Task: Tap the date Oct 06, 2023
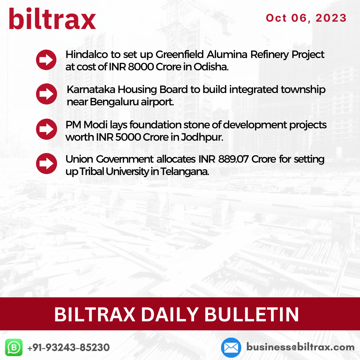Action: click(x=306, y=18)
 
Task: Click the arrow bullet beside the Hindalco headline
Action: click(x=46, y=60)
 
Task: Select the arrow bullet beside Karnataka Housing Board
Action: click(x=46, y=94)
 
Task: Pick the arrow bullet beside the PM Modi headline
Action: click(x=46, y=129)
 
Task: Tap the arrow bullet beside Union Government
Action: click(x=46, y=163)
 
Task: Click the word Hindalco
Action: click(x=87, y=55)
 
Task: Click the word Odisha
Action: click(x=211, y=67)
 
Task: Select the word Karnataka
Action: click(x=91, y=90)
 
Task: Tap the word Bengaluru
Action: click(x=114, y=102)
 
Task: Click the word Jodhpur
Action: click(x=202, y=137)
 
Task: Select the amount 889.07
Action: click(x=233, y=159)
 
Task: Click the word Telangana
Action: click(x=185, y=172)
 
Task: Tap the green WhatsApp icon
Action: click(x=14, y=347)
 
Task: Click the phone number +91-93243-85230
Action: click(x=68, y=347)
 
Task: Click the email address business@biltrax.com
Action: click(x=300, y=347)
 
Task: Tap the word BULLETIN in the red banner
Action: click(x=252, y=315)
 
